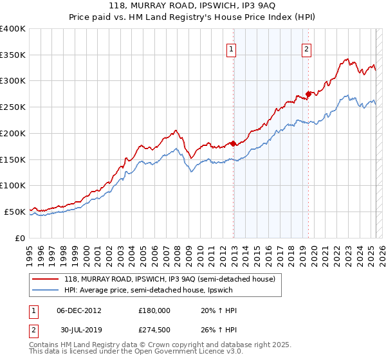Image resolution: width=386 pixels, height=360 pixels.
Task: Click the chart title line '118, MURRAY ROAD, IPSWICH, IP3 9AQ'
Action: point(193,7)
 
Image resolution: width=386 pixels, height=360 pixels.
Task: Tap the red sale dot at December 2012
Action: point(234,144)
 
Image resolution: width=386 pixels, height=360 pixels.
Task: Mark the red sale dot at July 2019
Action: point(308,94)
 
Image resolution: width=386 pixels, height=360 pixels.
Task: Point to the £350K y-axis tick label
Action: point(12,55)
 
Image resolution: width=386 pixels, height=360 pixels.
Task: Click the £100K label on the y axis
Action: point(12,185)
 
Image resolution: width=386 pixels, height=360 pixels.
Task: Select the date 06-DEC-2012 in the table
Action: point(78,310)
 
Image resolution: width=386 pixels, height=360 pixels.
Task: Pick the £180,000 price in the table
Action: point(154,310)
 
